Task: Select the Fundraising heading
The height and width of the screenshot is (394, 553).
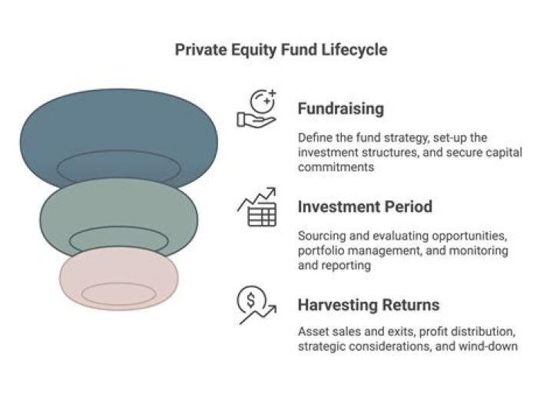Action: [341, 108]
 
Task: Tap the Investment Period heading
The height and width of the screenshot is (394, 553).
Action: [365, 207]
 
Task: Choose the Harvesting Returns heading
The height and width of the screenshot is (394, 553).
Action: [369, 305]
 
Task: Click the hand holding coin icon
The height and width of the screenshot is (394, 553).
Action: [257, 108]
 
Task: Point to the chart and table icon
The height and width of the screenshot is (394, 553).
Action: [257, 207]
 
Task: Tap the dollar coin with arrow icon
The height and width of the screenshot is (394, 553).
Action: [257, 305]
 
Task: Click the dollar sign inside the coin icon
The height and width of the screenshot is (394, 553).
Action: [250, 300]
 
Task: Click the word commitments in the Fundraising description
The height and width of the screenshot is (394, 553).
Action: [336, 167]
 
